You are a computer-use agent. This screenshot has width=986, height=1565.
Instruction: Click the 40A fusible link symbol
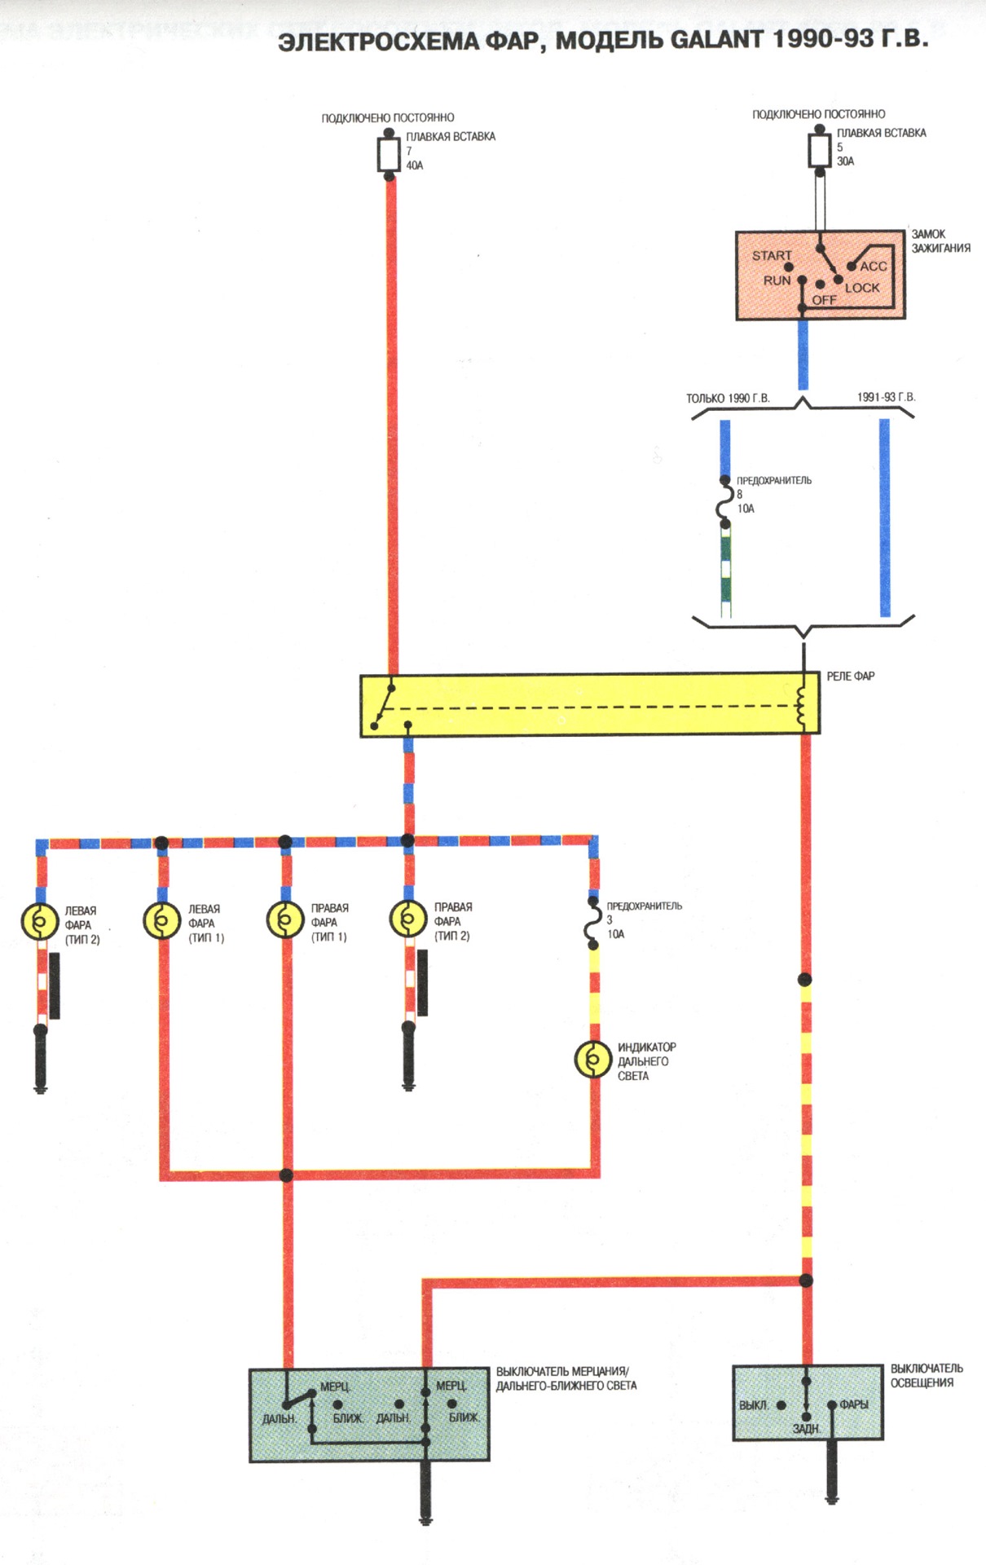pyautogui.click(x=389, y=154)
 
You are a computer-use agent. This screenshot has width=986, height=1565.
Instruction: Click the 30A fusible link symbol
pyautogui.click(x=819, y=150)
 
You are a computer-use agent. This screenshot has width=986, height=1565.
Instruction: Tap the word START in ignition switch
pyautogui.click(x=771, y=255)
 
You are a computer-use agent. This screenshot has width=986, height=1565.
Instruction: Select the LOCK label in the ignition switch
pyautogui.click(x=862, y=288)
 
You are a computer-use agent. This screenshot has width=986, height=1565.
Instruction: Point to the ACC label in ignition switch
pyautogui.click(x=873, y=266)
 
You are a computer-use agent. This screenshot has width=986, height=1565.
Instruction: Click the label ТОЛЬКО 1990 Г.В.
pyautogui.click(x=727, y=399)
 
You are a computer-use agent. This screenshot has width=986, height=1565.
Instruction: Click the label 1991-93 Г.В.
pyautogui.click(x=886, y=397)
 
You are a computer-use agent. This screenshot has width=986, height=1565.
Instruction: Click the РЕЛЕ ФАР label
pyautogui.click(x=850, y=676)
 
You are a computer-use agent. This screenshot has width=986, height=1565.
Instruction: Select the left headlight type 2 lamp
pyautogui.click(x=39, y=922)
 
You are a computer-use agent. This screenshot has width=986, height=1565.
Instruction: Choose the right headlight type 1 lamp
pyautogui.click(x=285, y=920)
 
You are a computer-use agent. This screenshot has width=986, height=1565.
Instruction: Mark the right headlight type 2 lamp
pyautogui.click(x=408, y=919)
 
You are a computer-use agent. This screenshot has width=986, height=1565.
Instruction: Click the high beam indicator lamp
pyautogui.click(x=593, y=1060)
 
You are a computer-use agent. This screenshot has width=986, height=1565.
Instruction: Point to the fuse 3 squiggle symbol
pyautogui.click(x=593, y=923)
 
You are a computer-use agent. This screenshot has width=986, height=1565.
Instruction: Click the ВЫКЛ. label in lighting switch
pyautogui.click(x=753, y=1405)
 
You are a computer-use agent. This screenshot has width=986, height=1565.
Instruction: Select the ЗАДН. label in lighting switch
pyautogui.click(x=806, y=1429)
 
